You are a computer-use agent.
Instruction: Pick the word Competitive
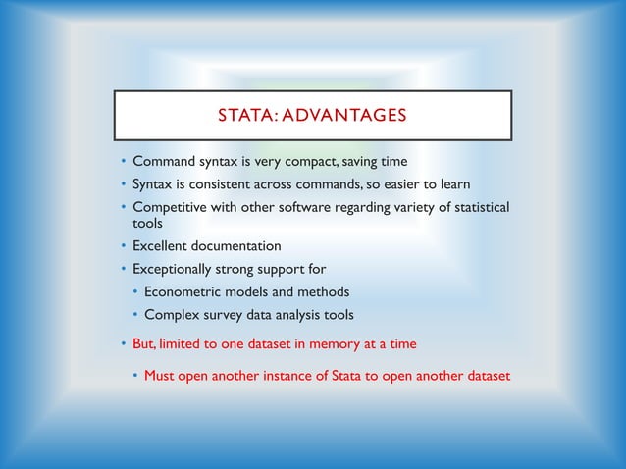tap(172, 206)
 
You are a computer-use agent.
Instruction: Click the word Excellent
tap(164, 246)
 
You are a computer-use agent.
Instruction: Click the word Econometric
tap(183, 291)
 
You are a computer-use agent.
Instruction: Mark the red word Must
tap(161, 375)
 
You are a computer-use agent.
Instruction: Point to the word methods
tap(322, 291)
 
